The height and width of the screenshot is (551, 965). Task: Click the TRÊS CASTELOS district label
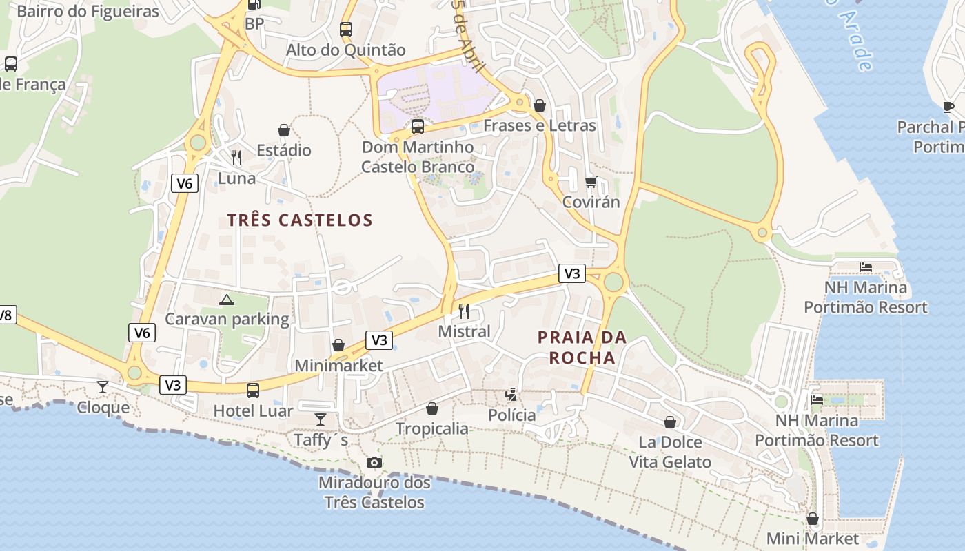[x=300, y=220]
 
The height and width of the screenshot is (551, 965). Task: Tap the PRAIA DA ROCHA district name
[x=582, y=347]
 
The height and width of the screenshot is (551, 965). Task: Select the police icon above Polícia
[x=511, y=395]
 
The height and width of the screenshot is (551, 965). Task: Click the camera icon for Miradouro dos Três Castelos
[x=374, y=462]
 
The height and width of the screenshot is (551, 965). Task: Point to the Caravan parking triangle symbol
[x=226, y=300]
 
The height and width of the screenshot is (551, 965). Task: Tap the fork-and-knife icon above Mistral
[x=464, y=311]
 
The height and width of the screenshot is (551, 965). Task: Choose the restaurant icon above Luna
[x=236, y=158]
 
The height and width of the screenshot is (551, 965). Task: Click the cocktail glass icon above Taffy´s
[x=321, y=419]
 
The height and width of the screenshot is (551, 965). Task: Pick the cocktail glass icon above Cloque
[x=103, y=387]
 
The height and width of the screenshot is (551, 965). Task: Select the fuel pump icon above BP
[x=254, y=4]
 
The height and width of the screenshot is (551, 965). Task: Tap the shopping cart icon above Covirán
[x=591, y=182]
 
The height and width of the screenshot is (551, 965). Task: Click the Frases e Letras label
[x=539, y=125]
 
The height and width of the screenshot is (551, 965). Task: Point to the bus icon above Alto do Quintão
[x=346, y=30]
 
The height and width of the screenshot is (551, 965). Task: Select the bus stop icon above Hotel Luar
[x=253, y=391]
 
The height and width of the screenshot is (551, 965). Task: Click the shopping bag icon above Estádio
[x=283, y=130]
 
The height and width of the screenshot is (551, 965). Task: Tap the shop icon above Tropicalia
[x=432, y=408]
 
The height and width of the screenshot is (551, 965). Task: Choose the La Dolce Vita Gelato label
[x=669, y=452]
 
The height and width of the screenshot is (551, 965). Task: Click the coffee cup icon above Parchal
[x=948, y=107]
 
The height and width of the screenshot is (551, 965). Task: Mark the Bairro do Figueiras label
[x=88, y=12]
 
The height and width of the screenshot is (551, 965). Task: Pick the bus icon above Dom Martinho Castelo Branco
[x=418, y=127]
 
